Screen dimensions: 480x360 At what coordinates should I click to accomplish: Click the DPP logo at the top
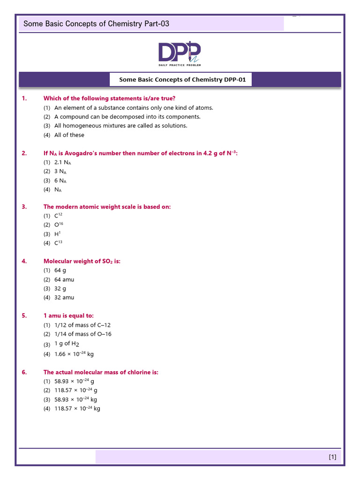(180, 53)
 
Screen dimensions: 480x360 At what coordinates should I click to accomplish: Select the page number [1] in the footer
(332, 457)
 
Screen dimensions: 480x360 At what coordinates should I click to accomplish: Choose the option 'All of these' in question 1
(69, 135)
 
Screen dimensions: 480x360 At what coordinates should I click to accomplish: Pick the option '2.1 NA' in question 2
(63, 162)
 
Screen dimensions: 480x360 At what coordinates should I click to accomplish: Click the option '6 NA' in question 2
(60, 180)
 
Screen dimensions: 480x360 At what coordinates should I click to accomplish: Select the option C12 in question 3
(58, 216)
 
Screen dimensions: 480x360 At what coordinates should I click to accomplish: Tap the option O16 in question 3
(59, 225)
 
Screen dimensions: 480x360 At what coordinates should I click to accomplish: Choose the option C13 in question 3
(58, 243)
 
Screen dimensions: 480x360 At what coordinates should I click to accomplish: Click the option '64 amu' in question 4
(64, 279)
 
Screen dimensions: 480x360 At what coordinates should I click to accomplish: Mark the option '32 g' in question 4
(60, 288)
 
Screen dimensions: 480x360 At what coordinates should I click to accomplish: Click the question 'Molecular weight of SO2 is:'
(82, 262)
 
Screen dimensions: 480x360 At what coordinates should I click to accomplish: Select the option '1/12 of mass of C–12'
(82, 325)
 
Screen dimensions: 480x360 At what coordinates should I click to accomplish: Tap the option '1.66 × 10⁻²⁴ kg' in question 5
(74, 354)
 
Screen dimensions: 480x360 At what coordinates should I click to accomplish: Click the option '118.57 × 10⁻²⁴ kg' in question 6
(77, 408)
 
